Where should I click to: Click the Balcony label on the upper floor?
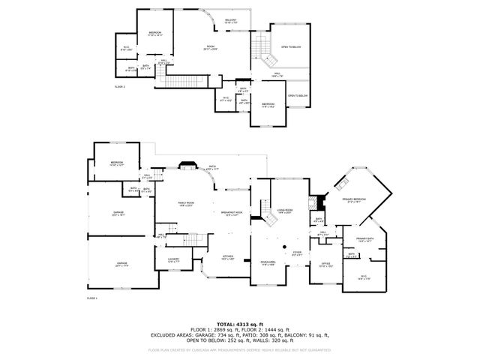pos(231,21)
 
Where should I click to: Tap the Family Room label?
pos(184,205)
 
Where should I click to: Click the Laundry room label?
pos(172,261)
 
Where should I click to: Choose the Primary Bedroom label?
pos(353,200)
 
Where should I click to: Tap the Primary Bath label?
pos(365,240)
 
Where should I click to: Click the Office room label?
pos(325,265)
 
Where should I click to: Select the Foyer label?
pos(297,253)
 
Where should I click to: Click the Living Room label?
pos(284,211)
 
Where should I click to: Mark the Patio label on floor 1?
pos(212,168)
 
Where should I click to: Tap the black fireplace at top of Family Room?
pos(187,166)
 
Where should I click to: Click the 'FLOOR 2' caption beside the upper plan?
pos(120,87)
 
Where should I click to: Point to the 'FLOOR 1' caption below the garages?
pos(92,298)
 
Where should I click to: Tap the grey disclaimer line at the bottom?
pos(240,349)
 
